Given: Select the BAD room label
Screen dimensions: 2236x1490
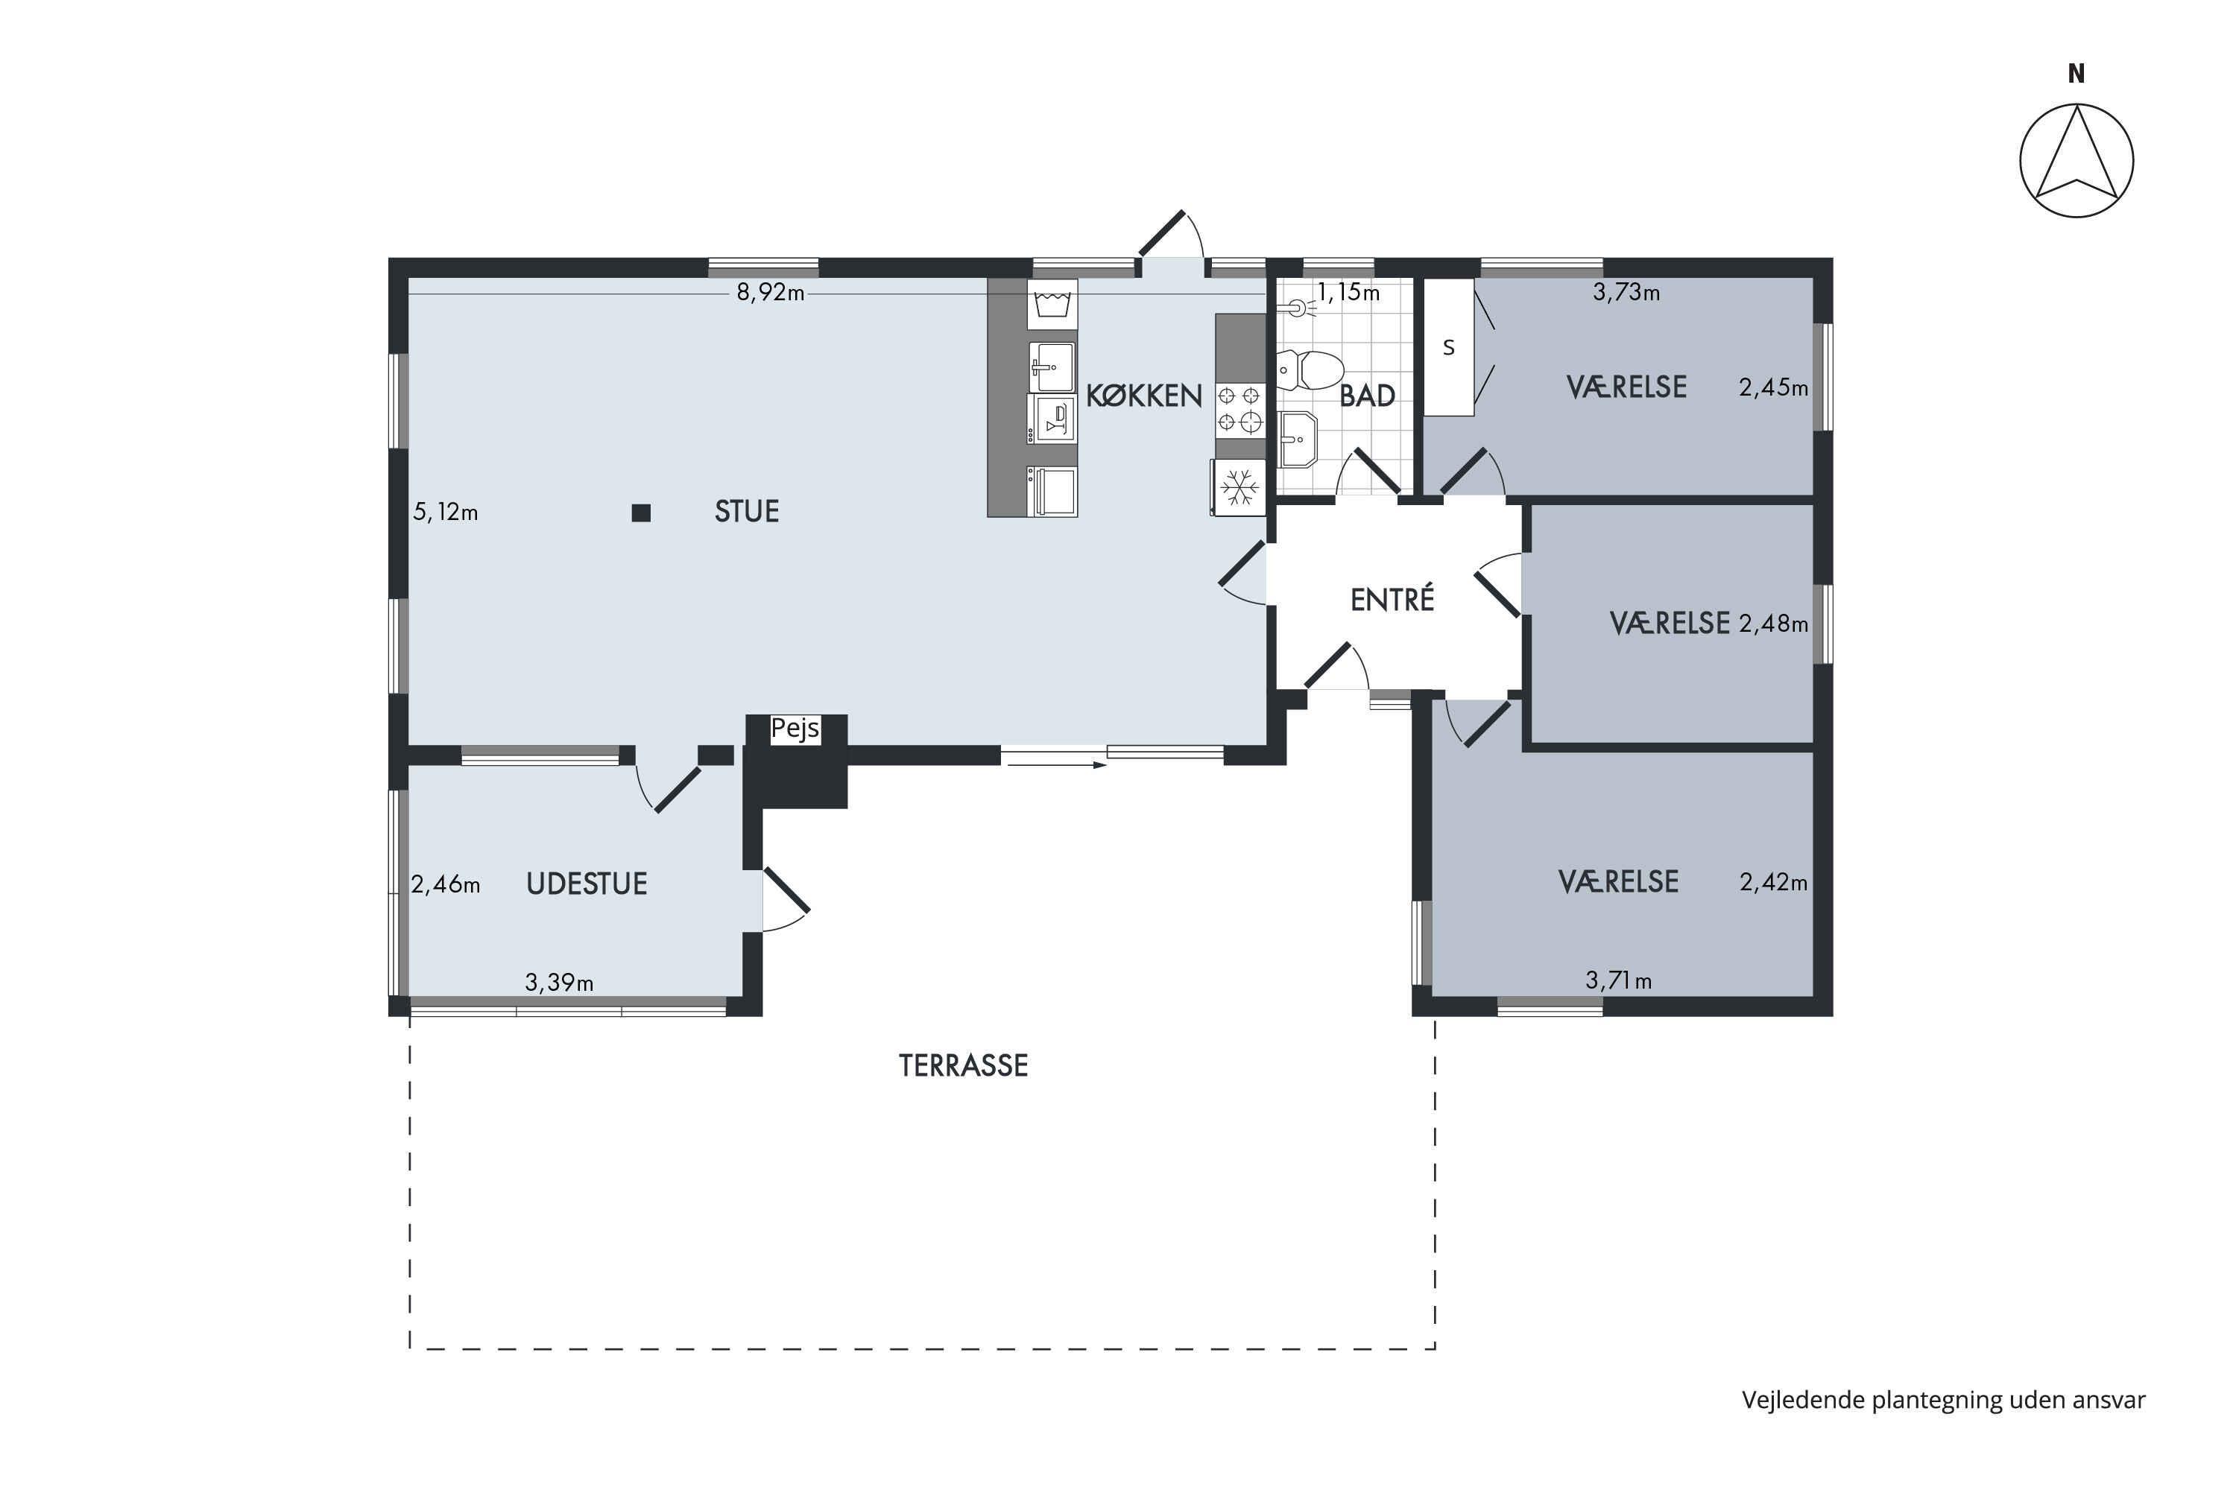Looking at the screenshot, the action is pyautogui.click(x=1367, y=396).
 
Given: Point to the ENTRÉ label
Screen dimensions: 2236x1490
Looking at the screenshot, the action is pyautogui.click(x=1392, y=599).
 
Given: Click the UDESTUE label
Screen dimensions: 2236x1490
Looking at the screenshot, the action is pyautogui.click(x=587, y=884).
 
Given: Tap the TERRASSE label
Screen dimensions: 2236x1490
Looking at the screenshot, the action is pyautogui.click(x=963, y=1065).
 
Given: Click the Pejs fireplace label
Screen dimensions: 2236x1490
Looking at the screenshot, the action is pyautogui.click(x=795, y=729).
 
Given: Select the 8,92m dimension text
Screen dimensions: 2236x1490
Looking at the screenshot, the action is pyautogui.click(x=770, y=293).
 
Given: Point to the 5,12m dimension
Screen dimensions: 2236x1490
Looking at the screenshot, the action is pyautogui.click(x=445, y=513).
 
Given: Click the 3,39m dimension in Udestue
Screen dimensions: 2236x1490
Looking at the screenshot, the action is pyautogui.click(x=559, y=982).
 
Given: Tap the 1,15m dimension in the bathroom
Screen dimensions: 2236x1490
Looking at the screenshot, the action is pyautogui.click(x=1348, y=292).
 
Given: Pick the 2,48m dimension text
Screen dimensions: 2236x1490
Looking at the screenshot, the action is pyautogui.click(x=1773, y=624).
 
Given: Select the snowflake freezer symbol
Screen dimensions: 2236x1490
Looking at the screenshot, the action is pyautogui.click(x=1239, y=487).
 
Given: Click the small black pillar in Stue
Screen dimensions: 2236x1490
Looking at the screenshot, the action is pyautogui.click(x=642, y=513).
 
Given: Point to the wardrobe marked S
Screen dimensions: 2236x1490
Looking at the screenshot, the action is pyautogui.click(x=1448, y=347).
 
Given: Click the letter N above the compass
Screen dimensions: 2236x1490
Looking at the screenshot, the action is pyautogui.click(x=2076, y=73).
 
